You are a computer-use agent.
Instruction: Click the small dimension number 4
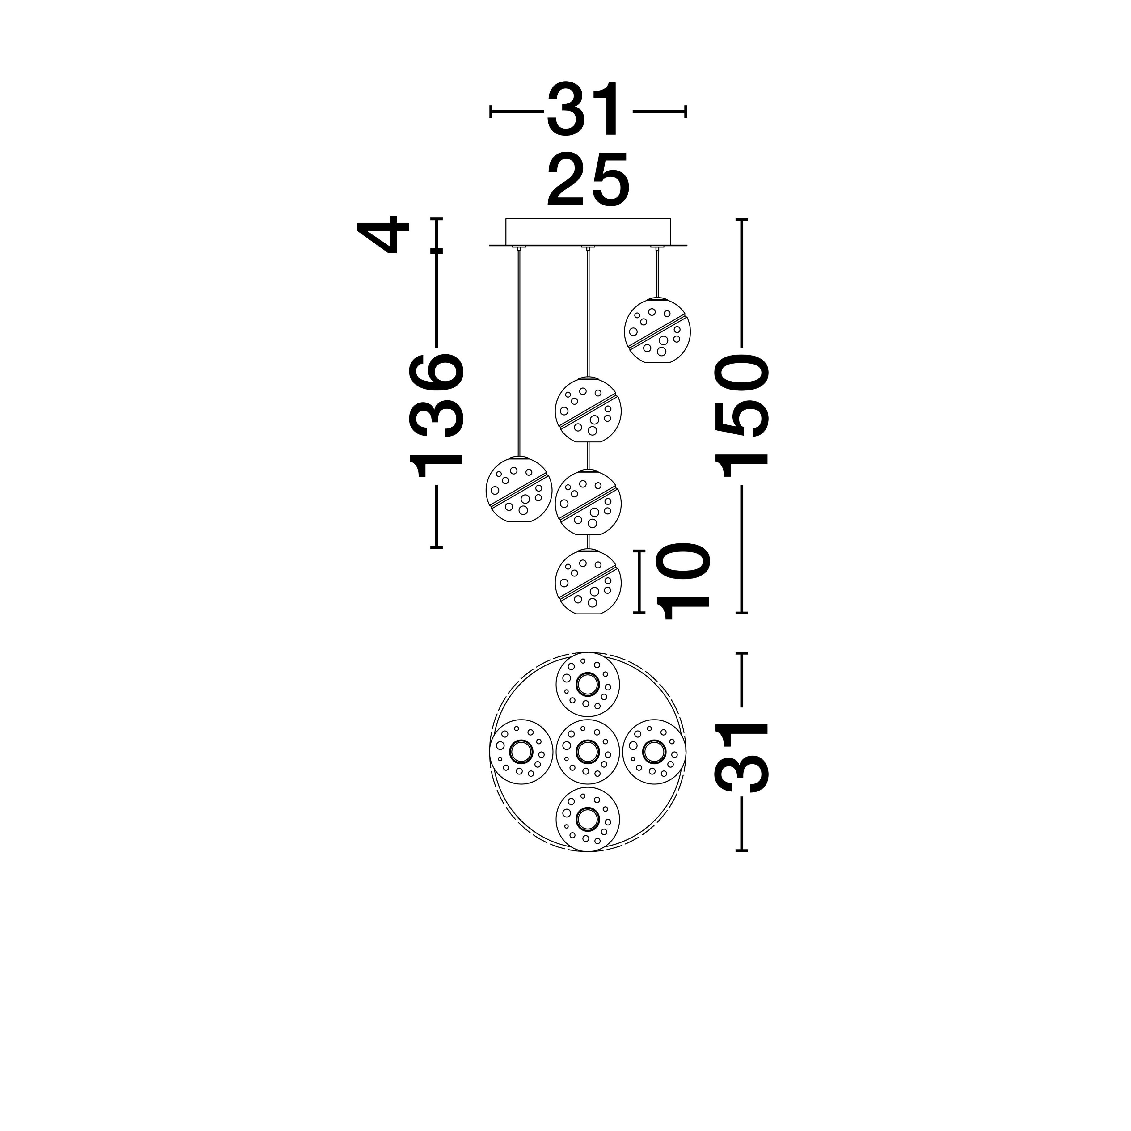tap(383, 234)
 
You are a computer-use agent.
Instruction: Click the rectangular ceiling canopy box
tap(588, 232)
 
